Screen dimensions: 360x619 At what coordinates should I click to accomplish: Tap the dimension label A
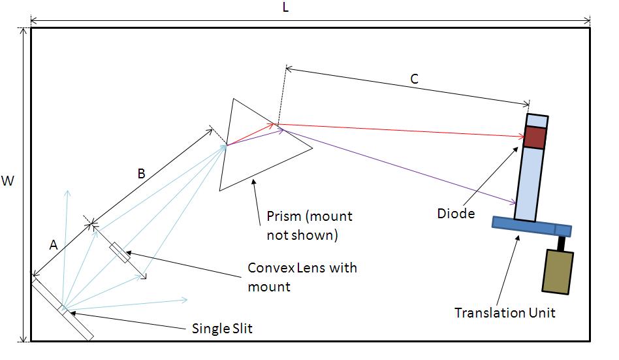pos(55,244)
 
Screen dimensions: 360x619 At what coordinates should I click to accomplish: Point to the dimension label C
pos(414,79)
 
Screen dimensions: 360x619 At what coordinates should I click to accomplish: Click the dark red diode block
pos(535,137)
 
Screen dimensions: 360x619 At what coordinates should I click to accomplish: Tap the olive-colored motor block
pos(557,270)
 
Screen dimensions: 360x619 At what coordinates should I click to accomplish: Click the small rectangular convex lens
pos(121,252)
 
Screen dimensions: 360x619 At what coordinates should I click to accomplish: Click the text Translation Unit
pos(505,312)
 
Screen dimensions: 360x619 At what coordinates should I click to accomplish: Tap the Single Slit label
pos(222,328)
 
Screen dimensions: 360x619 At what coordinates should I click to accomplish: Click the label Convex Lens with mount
pos(302,276)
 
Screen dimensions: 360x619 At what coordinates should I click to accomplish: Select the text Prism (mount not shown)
pos(309,225)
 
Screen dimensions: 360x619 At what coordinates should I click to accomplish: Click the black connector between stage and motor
pos(561,243)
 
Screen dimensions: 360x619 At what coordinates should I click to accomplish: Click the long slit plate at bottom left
pos(62,306)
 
